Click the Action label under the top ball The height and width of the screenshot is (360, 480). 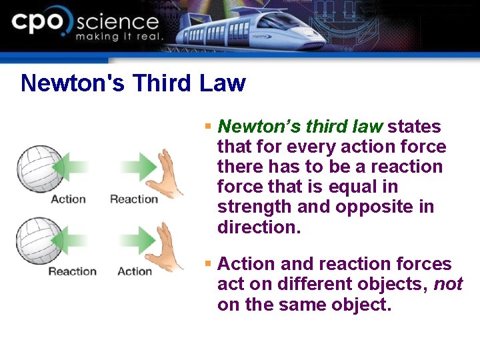click(x=68, y=199)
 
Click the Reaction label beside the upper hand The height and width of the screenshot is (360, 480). click(x=134, y=199)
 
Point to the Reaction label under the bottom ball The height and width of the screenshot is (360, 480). click(x=72, y=271)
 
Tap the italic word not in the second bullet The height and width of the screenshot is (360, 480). click(x=448, y=285)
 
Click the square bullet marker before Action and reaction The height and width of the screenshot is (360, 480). click(x=208, y=265)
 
